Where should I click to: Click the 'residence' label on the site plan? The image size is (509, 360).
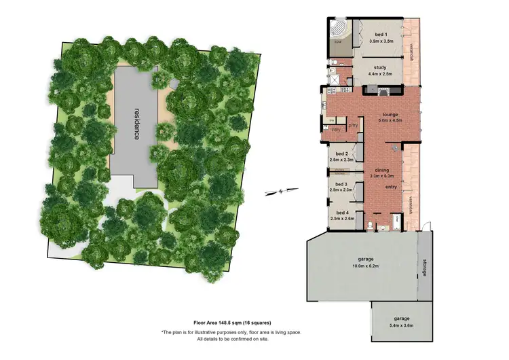tap(136, 123)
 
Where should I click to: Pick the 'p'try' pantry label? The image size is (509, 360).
tap(353, 126)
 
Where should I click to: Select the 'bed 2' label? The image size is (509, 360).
tap(341, 154)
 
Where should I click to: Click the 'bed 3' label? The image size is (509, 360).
tap(341, 184)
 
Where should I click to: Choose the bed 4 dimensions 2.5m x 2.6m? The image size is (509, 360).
tap(342, 219)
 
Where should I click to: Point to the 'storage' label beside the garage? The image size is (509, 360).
tap(425, 268)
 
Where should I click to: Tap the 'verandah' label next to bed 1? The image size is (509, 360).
tap(411, 51)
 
